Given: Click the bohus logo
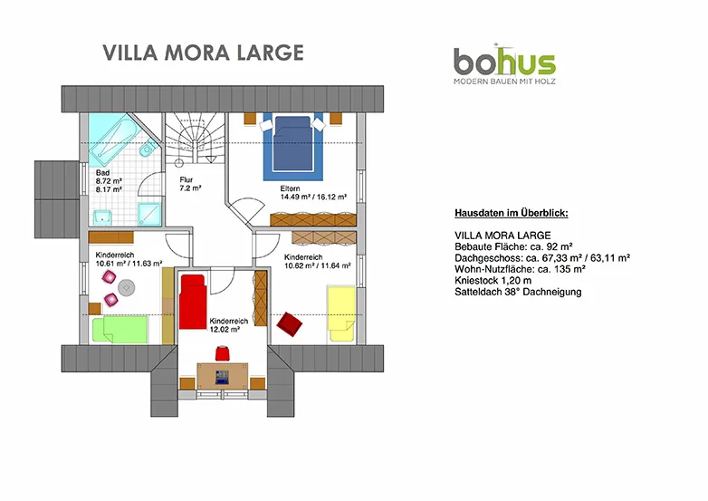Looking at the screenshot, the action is (x=504, y=63).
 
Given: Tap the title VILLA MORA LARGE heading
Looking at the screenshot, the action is (x=203, y=53).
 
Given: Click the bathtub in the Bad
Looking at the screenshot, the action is (x=112, y=140).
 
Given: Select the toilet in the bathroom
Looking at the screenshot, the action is (x=148, y=149).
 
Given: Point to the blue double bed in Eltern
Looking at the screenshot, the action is (x=292, y=144).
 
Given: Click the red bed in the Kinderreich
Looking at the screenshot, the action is (x=193, y=302).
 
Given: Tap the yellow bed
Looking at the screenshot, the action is (x=341, y=313).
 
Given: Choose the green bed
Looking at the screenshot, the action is (x=120, y=330).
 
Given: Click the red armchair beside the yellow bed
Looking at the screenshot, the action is (x=290, y=324).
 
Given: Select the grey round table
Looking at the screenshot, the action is (x=127, y=288).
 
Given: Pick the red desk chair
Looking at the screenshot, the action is (x=222, y=353).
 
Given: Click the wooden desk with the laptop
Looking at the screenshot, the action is (x=222, y=376).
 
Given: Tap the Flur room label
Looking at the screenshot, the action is (x=186, y=179).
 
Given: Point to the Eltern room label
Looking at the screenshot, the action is (x=290, y=188).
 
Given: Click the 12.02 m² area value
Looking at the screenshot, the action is (x=225, y=330).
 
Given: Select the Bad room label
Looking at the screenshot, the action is (x=102, y=172).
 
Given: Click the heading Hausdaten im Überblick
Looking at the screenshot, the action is (x=512, y=213).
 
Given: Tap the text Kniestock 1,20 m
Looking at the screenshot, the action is (x=493, y=281).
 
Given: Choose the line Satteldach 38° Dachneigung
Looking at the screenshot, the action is (x=518, y=292).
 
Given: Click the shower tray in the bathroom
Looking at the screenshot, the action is (x=149, y=214).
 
